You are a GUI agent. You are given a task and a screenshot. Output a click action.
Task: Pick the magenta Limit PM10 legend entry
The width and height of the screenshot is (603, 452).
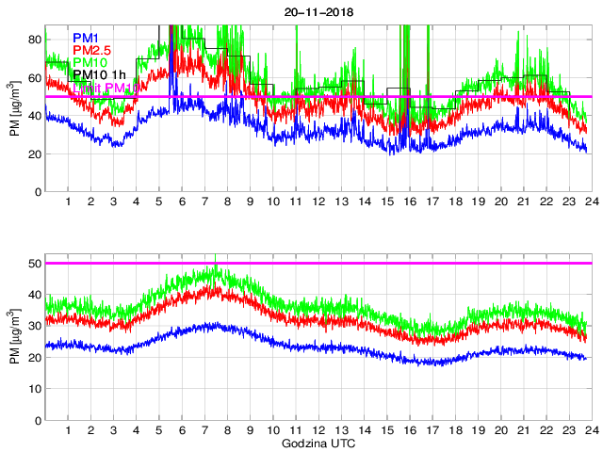click(x=106, y=88)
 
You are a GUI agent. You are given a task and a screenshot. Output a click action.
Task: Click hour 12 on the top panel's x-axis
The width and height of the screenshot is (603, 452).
click(x=318, y=202)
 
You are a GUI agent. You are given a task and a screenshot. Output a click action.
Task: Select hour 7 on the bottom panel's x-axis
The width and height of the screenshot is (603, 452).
click(x=204, y=430)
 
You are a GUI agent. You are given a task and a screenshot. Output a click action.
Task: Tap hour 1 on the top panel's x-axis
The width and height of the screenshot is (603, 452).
click(x=69, y=202)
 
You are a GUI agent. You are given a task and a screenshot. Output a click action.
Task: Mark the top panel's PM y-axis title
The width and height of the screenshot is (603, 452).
click(x=15, y=115)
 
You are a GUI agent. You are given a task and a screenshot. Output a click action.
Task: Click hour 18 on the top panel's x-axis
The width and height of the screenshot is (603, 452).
click(x=454, y=202)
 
